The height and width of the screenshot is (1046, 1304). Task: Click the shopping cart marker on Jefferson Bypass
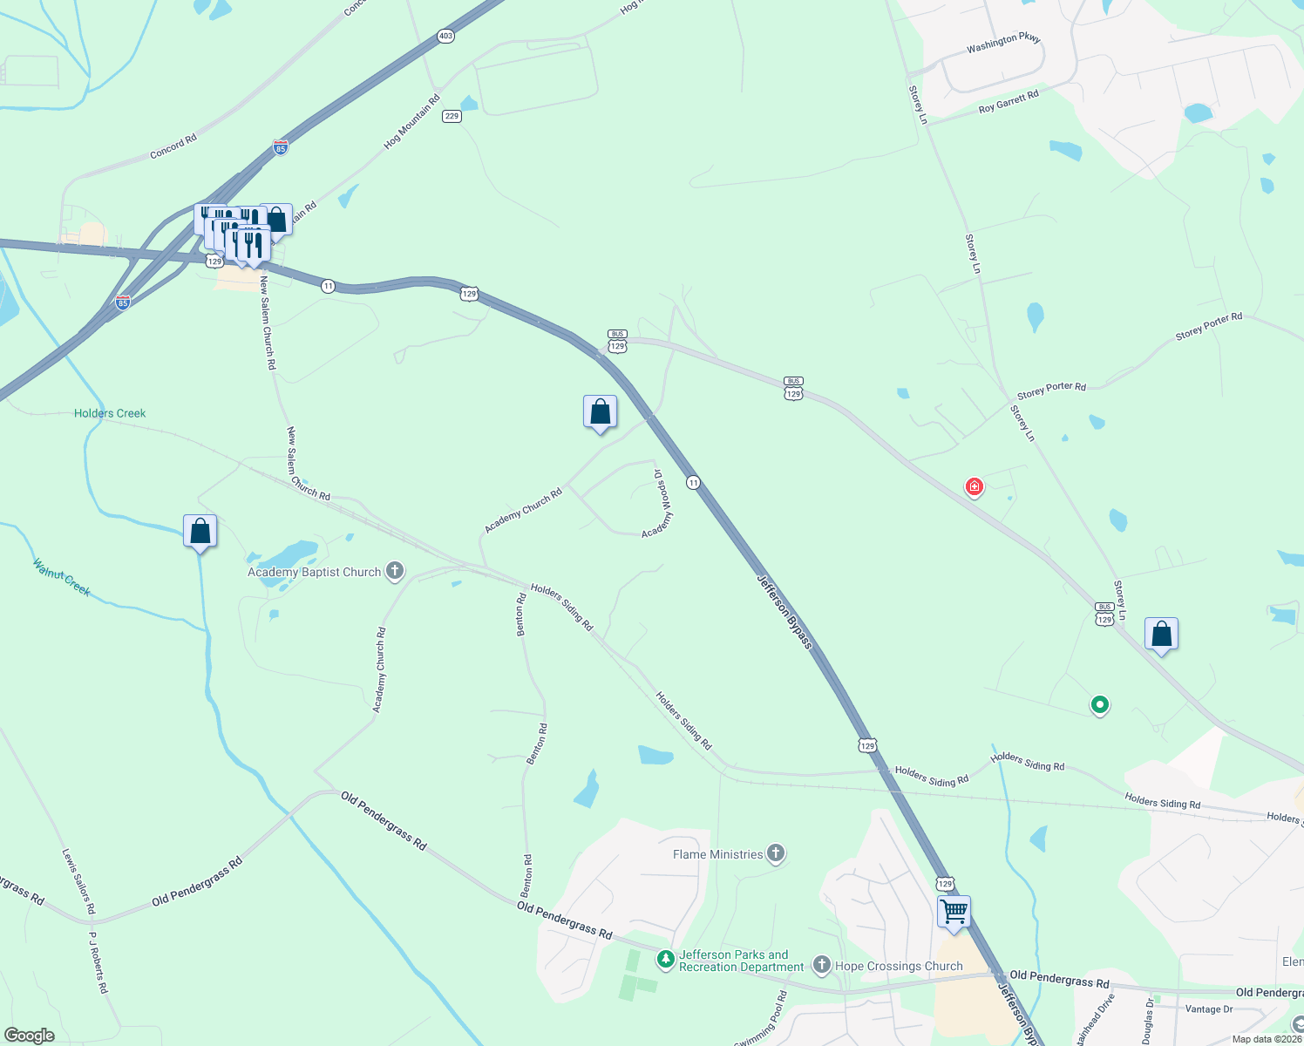coord(954,913)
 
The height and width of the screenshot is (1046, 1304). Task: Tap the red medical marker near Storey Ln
coord(974,486)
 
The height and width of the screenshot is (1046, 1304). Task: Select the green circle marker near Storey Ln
coord(1100,704)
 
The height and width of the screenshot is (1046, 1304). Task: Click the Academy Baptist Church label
coord(315,573)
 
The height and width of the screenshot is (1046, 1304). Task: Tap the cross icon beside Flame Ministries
coord(776,853)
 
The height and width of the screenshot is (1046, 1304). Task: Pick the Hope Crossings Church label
coord(899,966)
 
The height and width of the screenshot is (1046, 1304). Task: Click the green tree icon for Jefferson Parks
coord(666,961)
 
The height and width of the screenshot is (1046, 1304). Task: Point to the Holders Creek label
coord(110,413)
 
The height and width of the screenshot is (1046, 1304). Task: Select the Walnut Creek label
coord(62,577)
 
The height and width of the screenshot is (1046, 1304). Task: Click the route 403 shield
coord(446,36)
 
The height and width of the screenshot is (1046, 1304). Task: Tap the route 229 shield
coord(452,116)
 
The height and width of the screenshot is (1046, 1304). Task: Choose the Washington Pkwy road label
coord(1003,44)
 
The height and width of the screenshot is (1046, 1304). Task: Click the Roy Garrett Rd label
coord(1009,102)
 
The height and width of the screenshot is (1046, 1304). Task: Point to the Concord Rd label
coord(173,146)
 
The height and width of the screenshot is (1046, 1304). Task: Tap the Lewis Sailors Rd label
coord(78,881)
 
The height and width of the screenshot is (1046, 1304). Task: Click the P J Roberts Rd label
coord(98,962)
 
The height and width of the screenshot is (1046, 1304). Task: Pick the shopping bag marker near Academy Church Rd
coord(600,411)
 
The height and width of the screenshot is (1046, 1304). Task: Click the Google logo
coord(30,1036)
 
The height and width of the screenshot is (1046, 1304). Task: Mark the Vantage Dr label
coord(1209,1009)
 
